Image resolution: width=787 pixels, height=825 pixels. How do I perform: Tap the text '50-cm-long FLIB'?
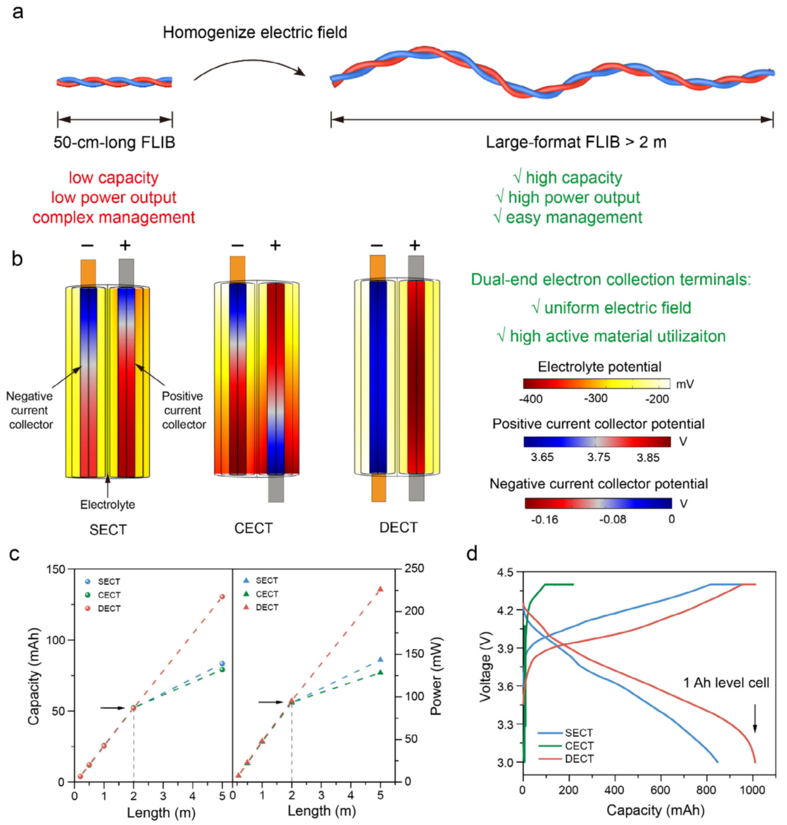pyautogui.click(x=114, y=142)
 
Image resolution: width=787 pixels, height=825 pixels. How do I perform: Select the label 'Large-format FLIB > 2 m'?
pyautogui.click(x=576, y=142)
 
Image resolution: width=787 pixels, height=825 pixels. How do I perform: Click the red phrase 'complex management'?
pyautogui.click(x=114, y=218)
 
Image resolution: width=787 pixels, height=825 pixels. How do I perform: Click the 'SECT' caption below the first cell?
pyautogui.click(x=108, y=529)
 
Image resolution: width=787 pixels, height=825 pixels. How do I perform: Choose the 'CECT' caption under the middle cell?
pyautogui.click(x=253, y=528)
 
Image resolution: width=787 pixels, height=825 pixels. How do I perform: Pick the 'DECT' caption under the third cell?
pyautogui.click(x=398, y=528)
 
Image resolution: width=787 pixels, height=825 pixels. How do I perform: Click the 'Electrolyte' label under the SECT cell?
pyautogui.click(x=107, y=505)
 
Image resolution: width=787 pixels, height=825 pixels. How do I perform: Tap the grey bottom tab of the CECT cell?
pyautogui.click(x=276, y=489)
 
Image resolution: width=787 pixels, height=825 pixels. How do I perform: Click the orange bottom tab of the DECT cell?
pyautogui.click(x=379, y=488)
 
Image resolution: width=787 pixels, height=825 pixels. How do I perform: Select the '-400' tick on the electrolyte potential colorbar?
pyautogui.click(x=530, y=399)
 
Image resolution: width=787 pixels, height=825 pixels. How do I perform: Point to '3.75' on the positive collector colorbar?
pyautogui.click(x=598, y=457)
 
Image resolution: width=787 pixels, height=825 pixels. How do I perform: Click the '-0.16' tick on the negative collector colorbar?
pyautogui.click(x=544, y=519)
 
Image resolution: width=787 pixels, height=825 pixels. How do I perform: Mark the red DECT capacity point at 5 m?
pyautogui.click(x=222, y=597)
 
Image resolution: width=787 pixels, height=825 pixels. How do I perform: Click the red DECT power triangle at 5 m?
pyautogui.click(x=380, y=590)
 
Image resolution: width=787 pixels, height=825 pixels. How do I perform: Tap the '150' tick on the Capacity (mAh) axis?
pyautogui.click(x=56, y=569)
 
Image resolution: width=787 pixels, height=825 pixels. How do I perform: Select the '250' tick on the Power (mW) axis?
pyautogui.click(x=414, y=569)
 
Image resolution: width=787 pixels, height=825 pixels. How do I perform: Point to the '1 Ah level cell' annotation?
pyautogui.click(x=725, y=683)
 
